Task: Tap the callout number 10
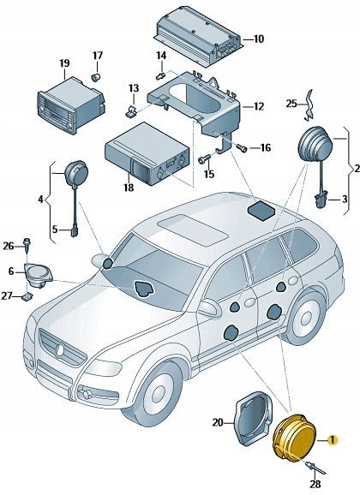coord(259,39)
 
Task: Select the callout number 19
coord(64,63)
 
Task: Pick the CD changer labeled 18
coord(143,160)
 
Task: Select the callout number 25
coord(291,104)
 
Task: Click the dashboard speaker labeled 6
coord(37,274)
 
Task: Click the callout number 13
coord(134,87)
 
